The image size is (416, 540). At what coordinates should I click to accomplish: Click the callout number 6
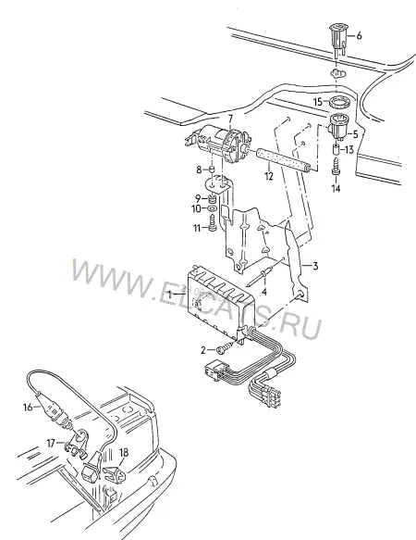coord(359,35)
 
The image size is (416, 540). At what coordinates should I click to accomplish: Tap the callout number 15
coord(318,102)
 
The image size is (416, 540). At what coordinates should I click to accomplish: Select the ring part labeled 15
coord(337,103)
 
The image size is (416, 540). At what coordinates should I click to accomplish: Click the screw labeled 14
coord(336,167)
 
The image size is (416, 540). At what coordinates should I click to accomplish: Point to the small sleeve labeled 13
coord(336,150)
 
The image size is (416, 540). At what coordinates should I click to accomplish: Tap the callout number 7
coord(230,119)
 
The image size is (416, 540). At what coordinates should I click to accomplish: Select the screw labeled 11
coord(213,225)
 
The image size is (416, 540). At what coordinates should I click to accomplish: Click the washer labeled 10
coord(212,208)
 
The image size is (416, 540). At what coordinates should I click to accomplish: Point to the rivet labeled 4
coord(261,275)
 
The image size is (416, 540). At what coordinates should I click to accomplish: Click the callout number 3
coord(315,266)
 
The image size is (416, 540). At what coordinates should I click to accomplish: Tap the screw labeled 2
coord(223,348)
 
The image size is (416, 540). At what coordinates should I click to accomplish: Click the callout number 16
coord(28,408)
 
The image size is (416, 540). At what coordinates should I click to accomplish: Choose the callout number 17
coord(51,444)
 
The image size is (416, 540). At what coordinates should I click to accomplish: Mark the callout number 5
coord(355,134)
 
